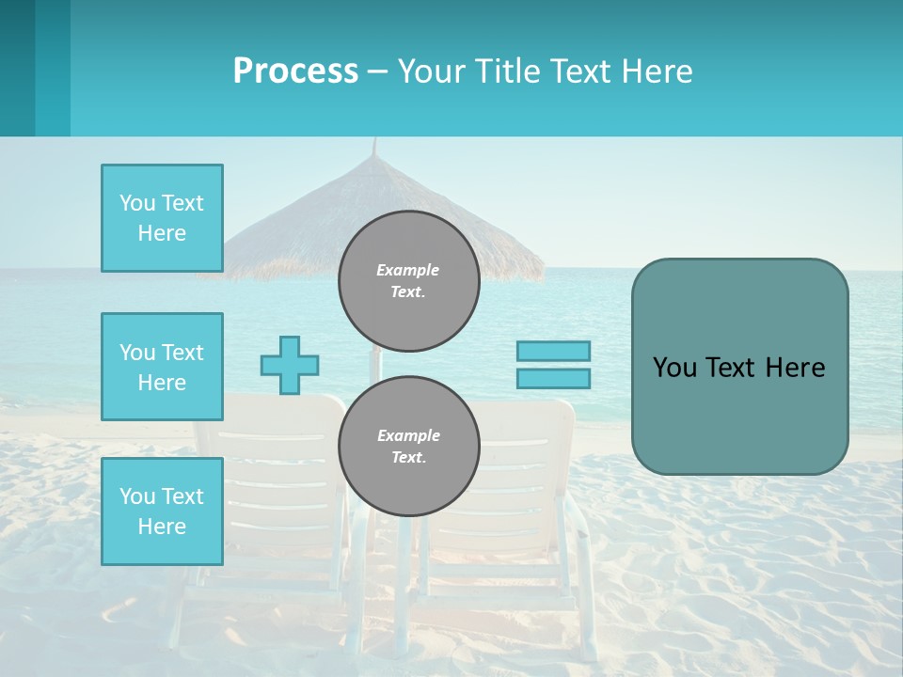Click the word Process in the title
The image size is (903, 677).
tap(295, 71)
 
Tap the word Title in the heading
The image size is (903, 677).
tap(506, 71)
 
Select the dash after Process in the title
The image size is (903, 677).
tap(377, 71)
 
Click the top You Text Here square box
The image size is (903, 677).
tap(162, 218)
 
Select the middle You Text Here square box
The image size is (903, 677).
tap(162, 367)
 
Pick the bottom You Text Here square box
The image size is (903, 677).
tap(162, 512)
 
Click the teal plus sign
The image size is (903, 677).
tap(290, 365)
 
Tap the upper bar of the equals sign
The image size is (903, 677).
tap(553, 351)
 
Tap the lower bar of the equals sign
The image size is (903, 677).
tap(553, 379)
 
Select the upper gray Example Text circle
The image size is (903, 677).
tap(408, 281)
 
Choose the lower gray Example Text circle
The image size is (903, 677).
tap(408, 446)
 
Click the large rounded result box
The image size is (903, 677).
tap(739, 414)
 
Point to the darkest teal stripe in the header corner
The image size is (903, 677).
tap(17, 68)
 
